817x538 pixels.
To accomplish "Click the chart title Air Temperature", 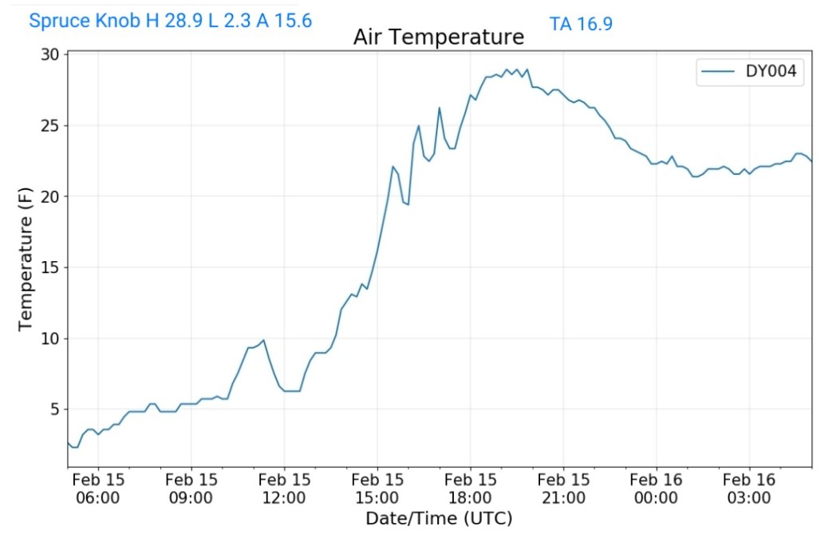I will pyautogui.click(x=438, y=38).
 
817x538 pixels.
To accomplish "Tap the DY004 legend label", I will pyautogui.click(x=771, y=73).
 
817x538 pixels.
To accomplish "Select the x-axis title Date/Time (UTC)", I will pyautogui.click(x=438, y=518).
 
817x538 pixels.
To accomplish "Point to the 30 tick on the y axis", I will pyautogui.click(x=50, y=55).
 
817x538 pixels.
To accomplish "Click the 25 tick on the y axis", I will pyautogui.click(x=50, y=126).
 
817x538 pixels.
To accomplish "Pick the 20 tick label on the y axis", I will pyautogui.click(x=50, y=197).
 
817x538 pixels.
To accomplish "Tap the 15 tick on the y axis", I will pyautogui.click(x=50, y=268).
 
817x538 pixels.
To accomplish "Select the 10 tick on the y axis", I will pyautogui.click(x=50, y=338).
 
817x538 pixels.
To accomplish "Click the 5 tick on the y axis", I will pyautogui.click(x=54, y=409).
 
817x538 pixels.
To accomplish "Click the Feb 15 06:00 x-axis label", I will pyautogui.click(x=98, y=489).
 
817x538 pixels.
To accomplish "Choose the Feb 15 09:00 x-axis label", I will pyautogui.click(x=191, y=489).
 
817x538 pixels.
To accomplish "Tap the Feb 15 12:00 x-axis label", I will pyautogui.click(x=284, y=489).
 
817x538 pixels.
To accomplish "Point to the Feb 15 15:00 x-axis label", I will pyautogui.click(x=377, y=489).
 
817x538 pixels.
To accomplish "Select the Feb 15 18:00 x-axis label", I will pyautogui.click(x=470, y=489).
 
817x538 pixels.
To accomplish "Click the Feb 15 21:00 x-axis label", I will pyautogui.click(x=563, y=489).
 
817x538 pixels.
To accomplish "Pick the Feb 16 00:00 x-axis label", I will pyautogui.click(x=656, y=489).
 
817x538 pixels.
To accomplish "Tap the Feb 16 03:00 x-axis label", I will pyautogui.click(x=749, y=489).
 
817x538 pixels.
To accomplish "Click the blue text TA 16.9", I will pyautogui.click(x=581, y=24).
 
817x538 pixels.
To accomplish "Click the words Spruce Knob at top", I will pyautogui.click(x=84, y=22).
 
